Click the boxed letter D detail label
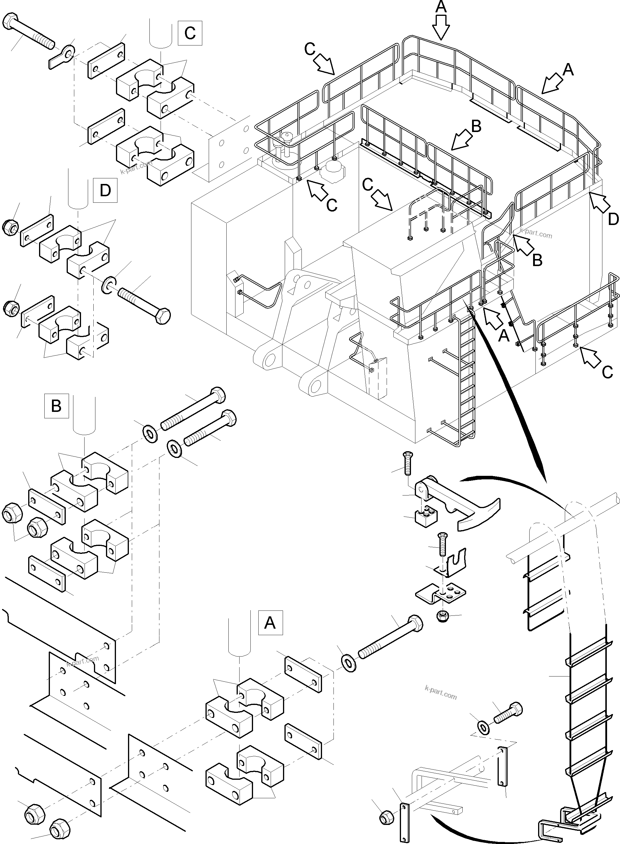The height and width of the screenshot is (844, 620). [105, 190]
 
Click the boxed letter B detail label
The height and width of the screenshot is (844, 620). [56, 406]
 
